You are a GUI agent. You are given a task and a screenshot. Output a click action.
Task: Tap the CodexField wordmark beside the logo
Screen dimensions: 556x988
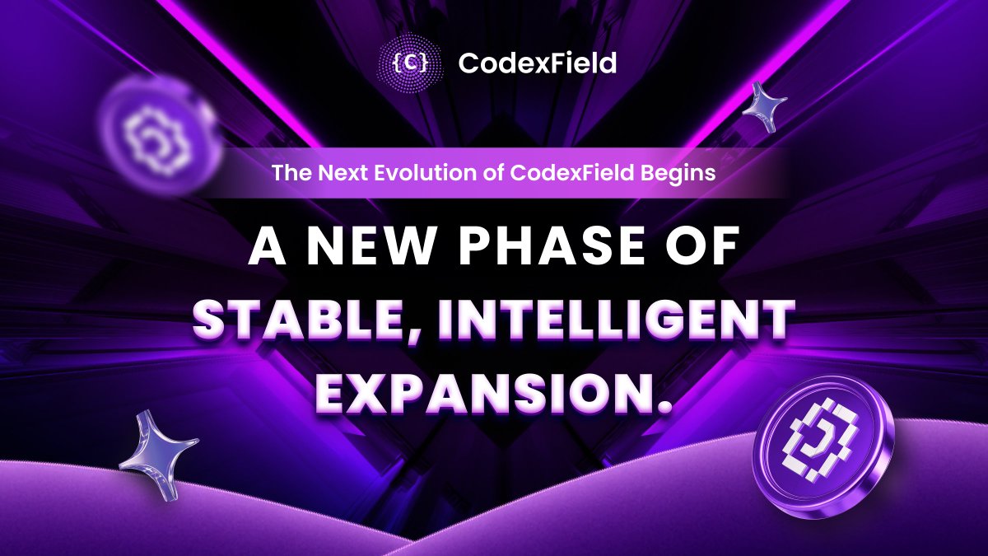pos(538,63)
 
